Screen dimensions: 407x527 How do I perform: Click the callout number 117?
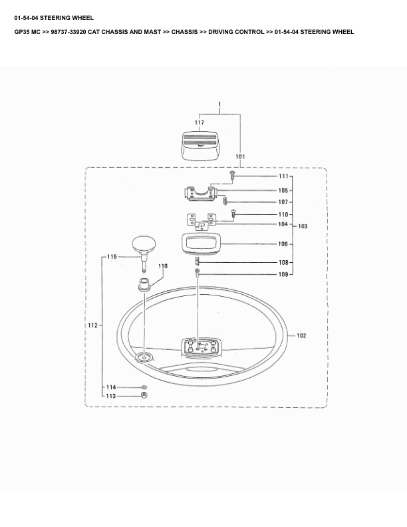(200, 122)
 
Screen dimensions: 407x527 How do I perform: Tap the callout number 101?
(240, 156)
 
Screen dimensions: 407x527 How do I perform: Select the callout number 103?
(303, 226)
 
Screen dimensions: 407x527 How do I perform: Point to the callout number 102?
(301, 335)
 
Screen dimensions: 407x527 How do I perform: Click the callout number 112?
(92, 325)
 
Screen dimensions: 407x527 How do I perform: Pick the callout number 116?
(163, 266)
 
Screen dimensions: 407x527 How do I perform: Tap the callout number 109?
(283, 274)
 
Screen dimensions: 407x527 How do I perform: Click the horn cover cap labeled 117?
(200, 145)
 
